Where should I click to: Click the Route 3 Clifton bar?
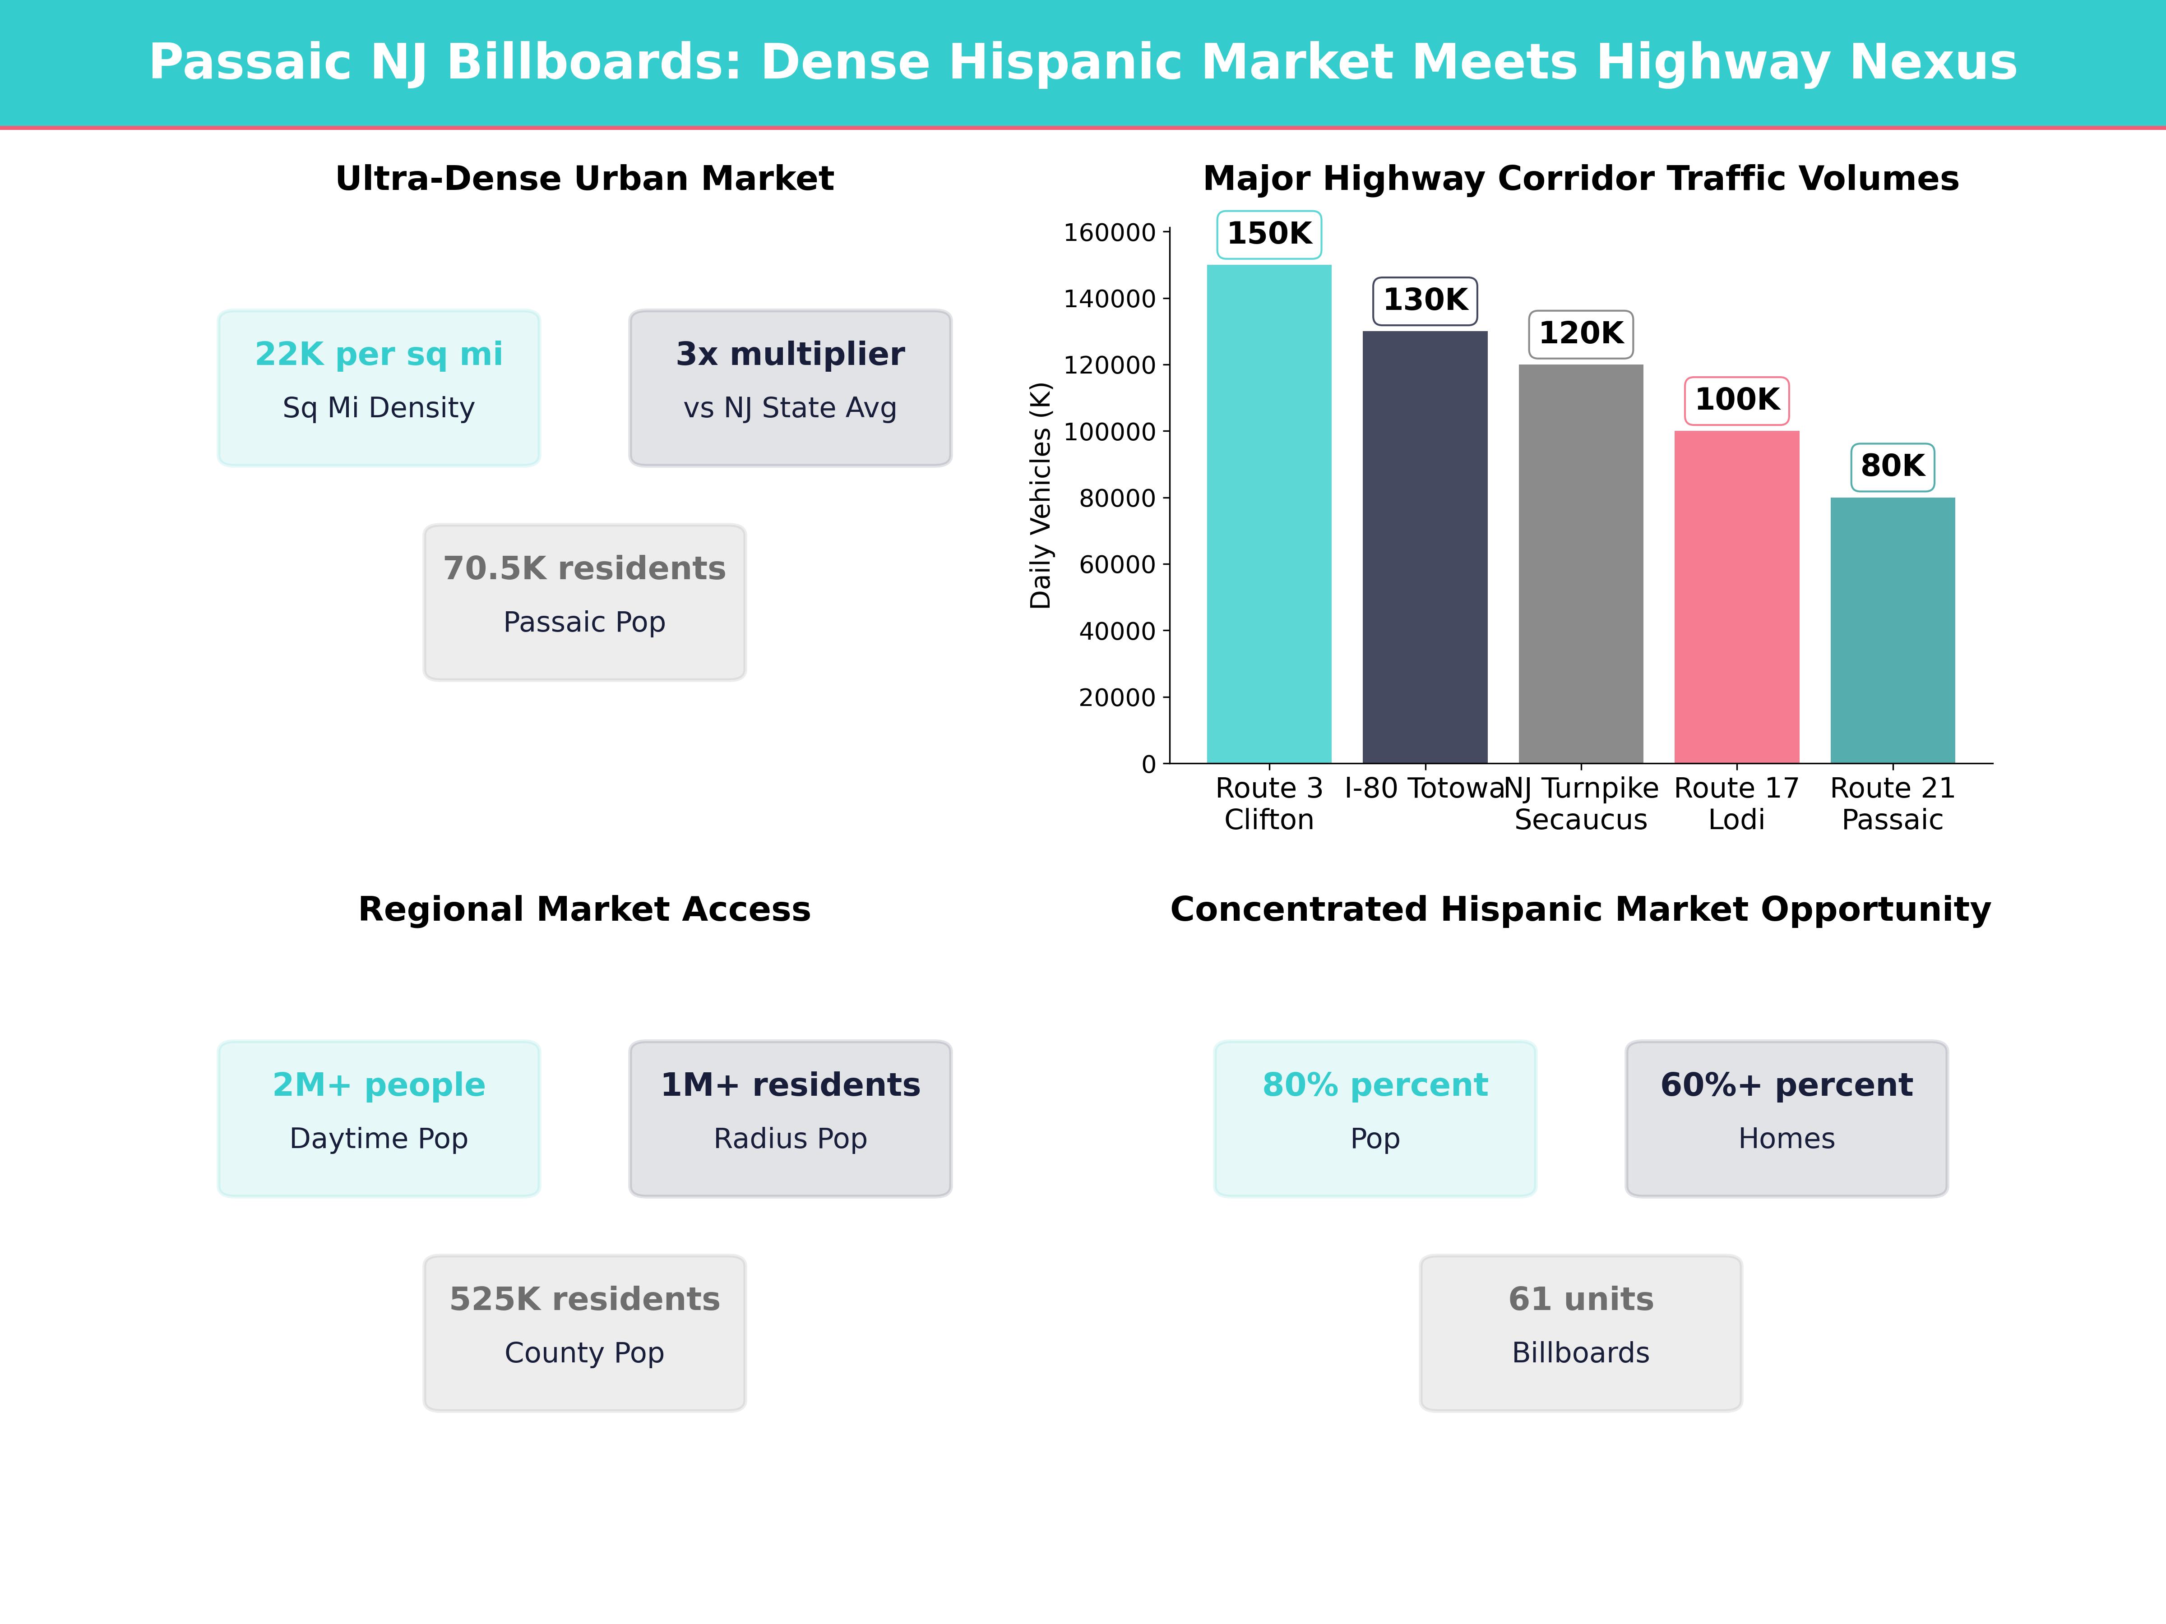(x=1269, y=514)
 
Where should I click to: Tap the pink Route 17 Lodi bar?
(x=1736, y=597)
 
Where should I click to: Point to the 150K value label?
(x=1269, y=234)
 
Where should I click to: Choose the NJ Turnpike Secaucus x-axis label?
(x=1580, y=804)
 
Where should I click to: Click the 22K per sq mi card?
(x=379, y=388)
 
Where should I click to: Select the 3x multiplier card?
(x=790, y=388)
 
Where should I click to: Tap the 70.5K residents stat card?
(x=584, y=602)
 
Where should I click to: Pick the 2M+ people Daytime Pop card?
(x=379, y=1118)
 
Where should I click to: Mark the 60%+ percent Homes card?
(x=1786, y=1118)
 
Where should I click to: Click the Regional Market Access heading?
(x=584, y=909)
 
